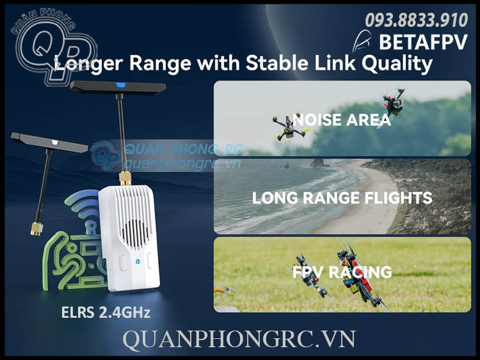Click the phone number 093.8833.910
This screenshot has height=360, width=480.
coord(417,20)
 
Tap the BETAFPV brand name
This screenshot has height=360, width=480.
coord(424,42)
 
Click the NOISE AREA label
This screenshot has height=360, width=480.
coord(342,120)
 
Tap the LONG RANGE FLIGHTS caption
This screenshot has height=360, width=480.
coord(342,198)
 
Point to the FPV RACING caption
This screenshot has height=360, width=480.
coord(342,272)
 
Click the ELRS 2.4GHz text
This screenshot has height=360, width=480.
coord(106,312)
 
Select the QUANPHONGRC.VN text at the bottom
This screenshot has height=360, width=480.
coord(239,339)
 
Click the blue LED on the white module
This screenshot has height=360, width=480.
coord(138,262)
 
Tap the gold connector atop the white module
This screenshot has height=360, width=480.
coord(125,178)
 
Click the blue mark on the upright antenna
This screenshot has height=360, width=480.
coord(120,85)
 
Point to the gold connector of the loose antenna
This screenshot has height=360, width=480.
coord(36,229)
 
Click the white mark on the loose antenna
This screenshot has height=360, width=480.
coord(55,142)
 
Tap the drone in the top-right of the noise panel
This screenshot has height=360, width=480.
coord(394,103)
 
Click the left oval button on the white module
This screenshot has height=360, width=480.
coord(123,262)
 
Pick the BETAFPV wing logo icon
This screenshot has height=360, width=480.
coord(362,43)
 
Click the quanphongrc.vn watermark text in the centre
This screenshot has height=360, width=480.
coord(182,164)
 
